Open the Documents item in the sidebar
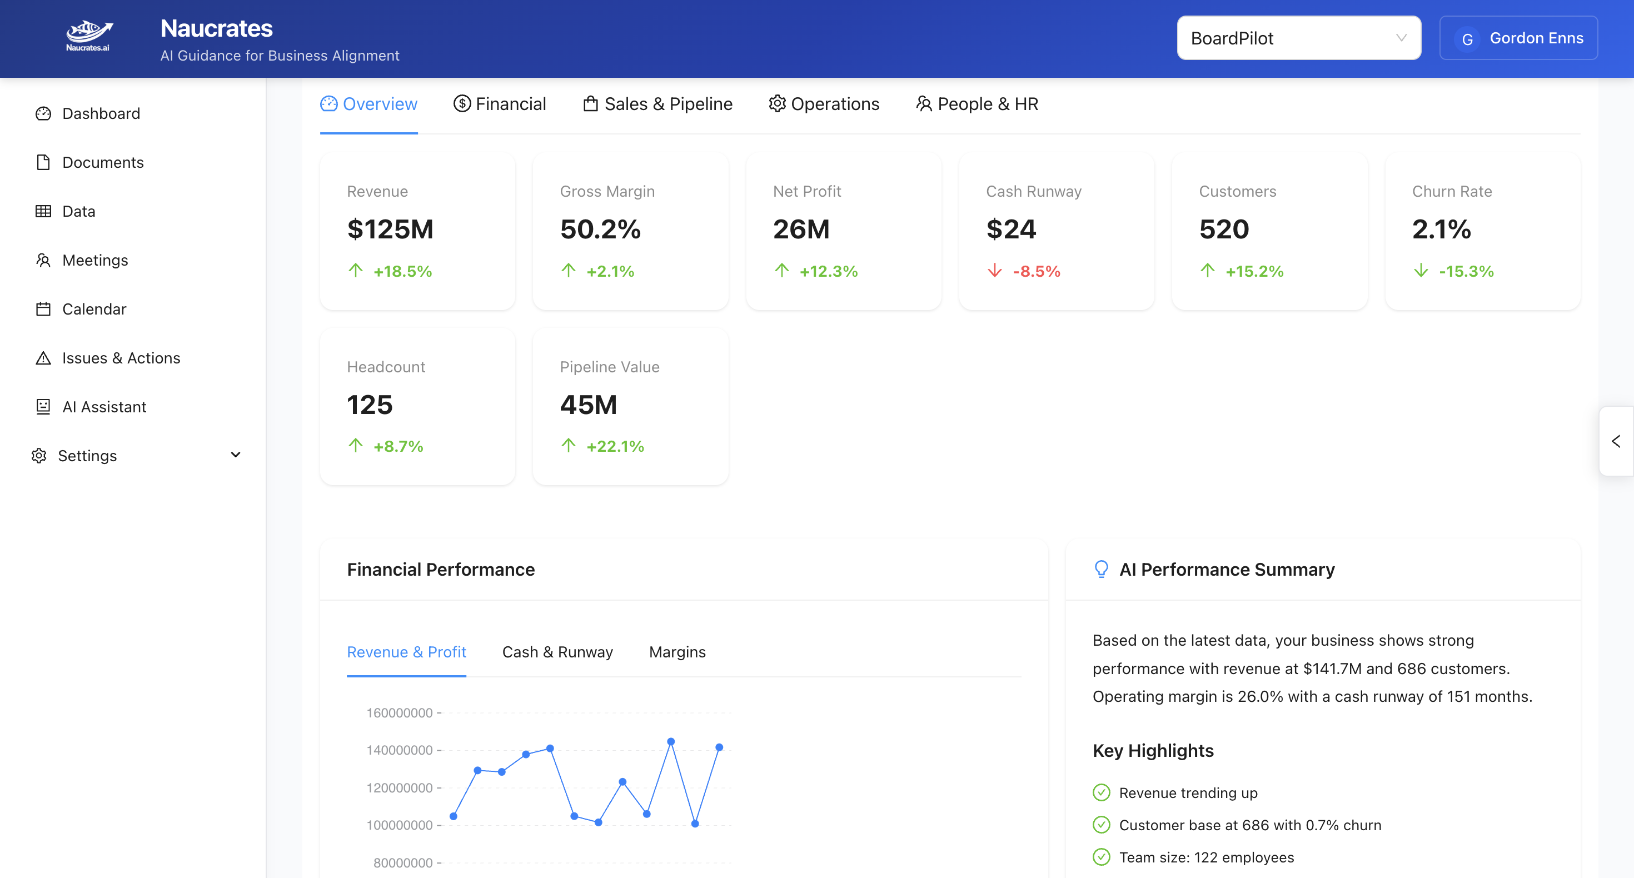[x=102, y=162]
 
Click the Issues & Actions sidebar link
[x=121, y=358]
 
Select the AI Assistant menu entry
[x=104, y=407]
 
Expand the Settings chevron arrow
[x=235, y=455]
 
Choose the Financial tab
[x=499, y=104]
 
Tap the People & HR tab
[x=977, y=104]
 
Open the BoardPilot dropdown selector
[x=1298, y=38]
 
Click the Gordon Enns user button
[x=1518, y=38]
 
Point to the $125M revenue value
[x=390, y=229]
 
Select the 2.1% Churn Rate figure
[x=1441, y=229]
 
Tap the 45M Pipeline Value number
[x=588, y=405]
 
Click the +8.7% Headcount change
[x=398, y=446]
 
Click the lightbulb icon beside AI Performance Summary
[x=1101, y=569]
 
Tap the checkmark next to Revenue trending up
[x=1101, y=792]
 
